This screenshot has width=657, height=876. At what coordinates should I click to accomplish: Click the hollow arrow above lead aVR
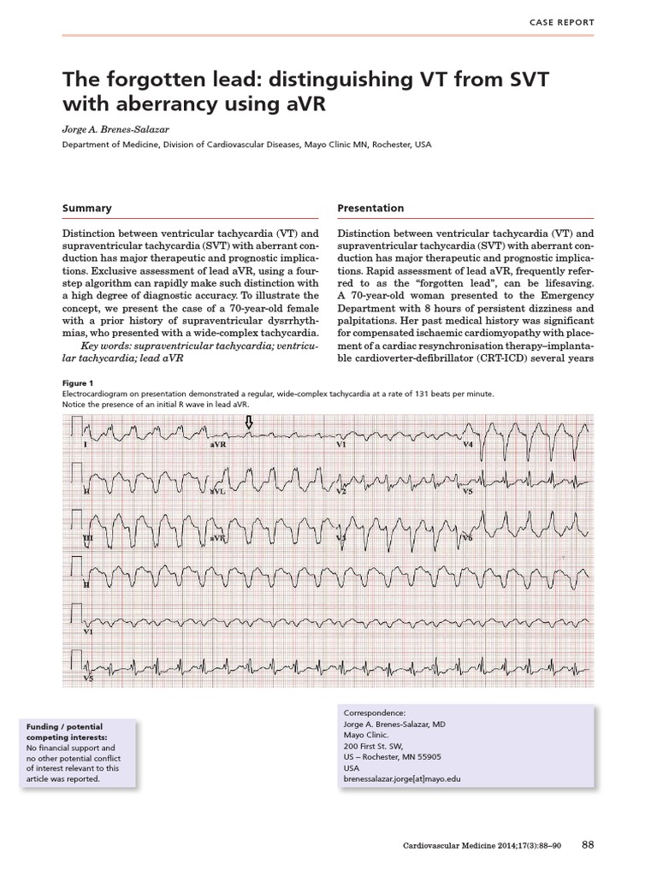coord(249,423)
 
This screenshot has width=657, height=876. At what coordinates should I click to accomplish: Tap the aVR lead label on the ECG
coord(218,447)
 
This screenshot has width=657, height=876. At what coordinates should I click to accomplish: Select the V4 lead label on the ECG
coord(468,446)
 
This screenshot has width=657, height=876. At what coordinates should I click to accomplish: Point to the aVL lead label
coord(218,493)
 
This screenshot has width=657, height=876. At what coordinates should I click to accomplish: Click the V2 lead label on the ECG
coord(340,493)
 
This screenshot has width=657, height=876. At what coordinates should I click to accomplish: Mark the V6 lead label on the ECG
coord(468,539)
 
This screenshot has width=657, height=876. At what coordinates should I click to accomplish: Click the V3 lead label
coord(340,539)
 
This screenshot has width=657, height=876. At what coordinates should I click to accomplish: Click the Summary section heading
coord(87,208)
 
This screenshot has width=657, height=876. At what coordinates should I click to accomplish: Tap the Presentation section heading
coord(370,208)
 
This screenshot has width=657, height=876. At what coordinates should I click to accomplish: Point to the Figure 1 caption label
coord(78,382)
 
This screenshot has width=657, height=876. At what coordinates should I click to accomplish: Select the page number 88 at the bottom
coord(588,844)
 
